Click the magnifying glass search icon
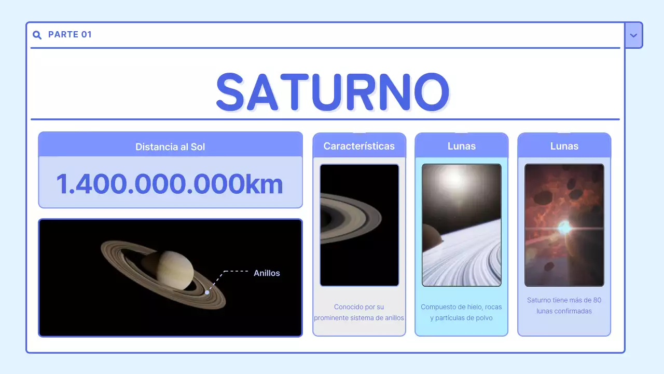pyautogui.click(x=37, y=35)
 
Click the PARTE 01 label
pyautogui.click(x=70, y=35)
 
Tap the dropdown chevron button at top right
pyautogui.click(x=633, y=35)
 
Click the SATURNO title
pyautogui.click(x=333, y=92)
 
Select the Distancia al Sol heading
pyautogui.click(x=170, y=147)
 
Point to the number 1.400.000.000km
pyautogui.click(x=170, y=183)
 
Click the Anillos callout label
pyautogui.click(x=267, y=273)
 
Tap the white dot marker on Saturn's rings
pyautogui.click(x=207, y=292)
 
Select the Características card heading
pyautogui.click(x=359, y=146)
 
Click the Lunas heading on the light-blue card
pyautogui.click(x=462, y=146)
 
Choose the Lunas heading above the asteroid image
pyautogui.click(x=564, y=146)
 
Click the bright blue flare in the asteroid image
pyautogui.click(x=565, y=227)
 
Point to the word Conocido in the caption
pyautogui.click(x=348, y=307)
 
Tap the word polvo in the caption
pyautogui.click(x=483, y=318)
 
